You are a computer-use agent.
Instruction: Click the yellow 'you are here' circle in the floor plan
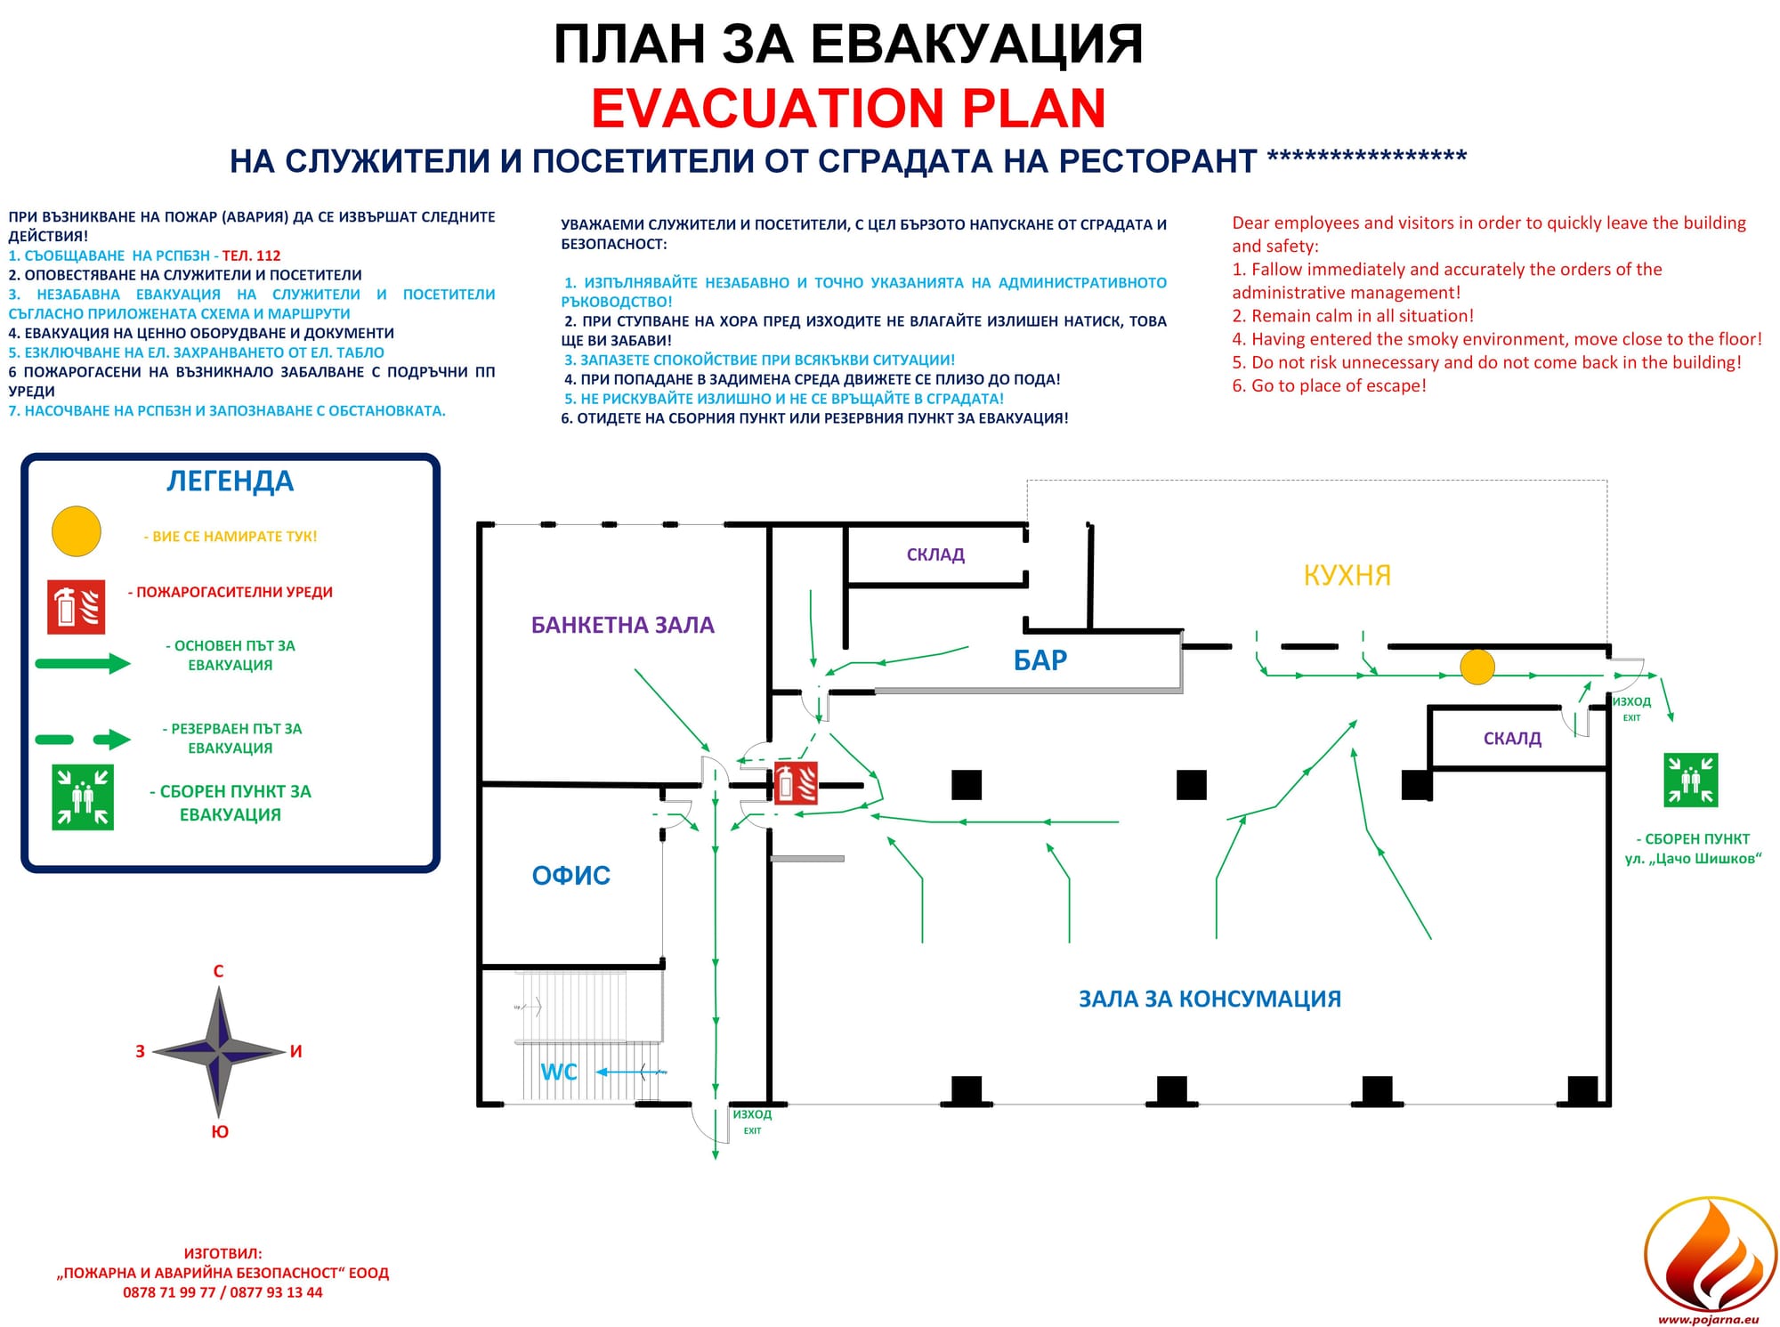pos(1477,667)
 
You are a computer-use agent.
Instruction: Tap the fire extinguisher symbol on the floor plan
pos(796,783)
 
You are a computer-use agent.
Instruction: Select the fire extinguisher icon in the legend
pos(76,607)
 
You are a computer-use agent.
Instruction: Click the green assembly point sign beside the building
pos(1690,781)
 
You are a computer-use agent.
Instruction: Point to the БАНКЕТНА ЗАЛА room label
pos(622,625)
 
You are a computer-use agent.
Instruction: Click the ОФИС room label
pos(570,876)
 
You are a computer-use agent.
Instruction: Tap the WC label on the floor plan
pos(559,1072)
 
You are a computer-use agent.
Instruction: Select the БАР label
pos(1040,660)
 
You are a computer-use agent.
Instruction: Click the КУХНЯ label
pos(1347,575)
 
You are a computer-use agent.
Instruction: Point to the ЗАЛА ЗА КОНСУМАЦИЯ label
pos(1210,999)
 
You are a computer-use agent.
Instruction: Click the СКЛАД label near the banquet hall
pos(935,554)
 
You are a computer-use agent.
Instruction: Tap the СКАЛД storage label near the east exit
pos(1512,738)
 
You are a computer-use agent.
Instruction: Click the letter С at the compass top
pos(218,971)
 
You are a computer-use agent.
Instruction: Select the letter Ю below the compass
pos(219,1132)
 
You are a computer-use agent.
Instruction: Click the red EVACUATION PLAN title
pos(848,109)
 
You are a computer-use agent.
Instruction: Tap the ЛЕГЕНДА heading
pos(230,481)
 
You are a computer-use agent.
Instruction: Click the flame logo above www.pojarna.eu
pos(1709,1255)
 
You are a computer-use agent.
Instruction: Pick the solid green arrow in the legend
pos(83,663)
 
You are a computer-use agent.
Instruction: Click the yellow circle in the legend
pos(77,531)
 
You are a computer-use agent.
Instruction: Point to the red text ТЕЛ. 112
pos(251,255)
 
